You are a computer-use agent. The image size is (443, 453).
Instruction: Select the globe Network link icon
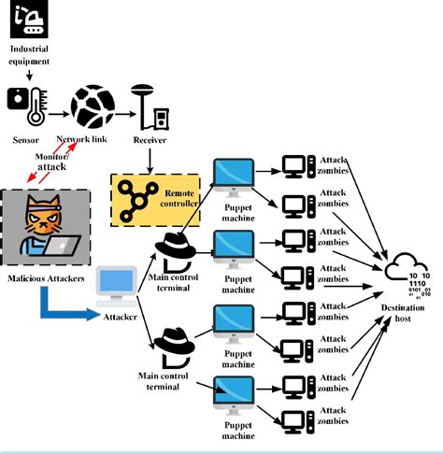click(x=92, y=106)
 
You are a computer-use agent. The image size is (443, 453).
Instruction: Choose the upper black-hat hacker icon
click(x=175, y=249)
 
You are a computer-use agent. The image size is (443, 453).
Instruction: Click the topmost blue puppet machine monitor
click(x=233, y=174)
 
